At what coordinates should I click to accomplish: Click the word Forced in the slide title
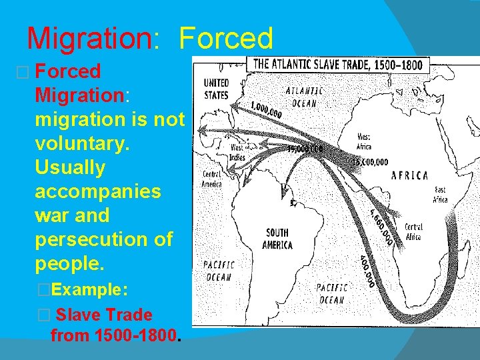[227, 38]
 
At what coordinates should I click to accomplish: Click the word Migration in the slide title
[90, 38]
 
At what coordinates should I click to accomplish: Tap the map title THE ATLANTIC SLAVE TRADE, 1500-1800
[339, 65]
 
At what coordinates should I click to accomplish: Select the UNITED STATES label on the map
[216, 89]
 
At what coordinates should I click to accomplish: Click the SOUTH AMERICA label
[277, 239]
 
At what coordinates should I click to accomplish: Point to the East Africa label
[440, 194]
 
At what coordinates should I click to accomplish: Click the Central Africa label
[413, 232]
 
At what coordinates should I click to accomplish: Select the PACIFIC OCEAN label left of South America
[218, 271]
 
